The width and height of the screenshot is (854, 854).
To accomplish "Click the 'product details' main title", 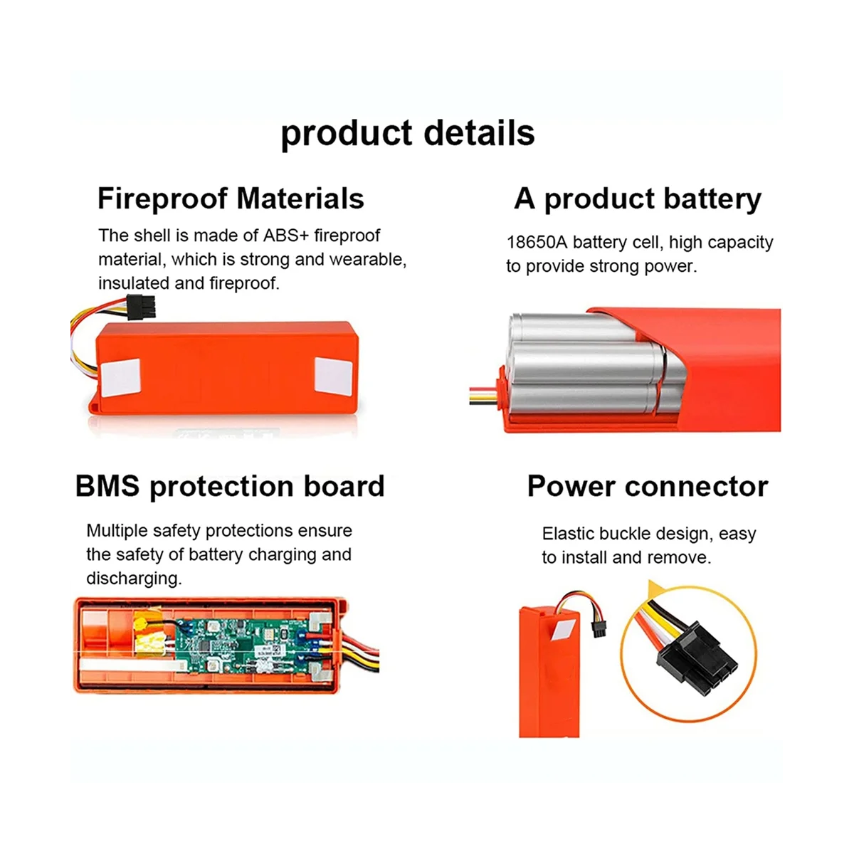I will pos(407,134).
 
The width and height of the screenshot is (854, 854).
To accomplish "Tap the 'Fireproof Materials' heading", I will pos(231,199).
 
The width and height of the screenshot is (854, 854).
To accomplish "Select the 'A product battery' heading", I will pos(638,199).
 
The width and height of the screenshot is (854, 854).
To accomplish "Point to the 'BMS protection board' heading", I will pos(230,487).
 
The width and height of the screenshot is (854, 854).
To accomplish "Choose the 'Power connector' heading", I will pos(648,487).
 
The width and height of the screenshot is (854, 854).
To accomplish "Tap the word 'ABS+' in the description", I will pos(287,236).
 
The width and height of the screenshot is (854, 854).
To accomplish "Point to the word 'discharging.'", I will pos(134,579).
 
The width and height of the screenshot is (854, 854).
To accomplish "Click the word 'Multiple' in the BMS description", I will pos(117,531).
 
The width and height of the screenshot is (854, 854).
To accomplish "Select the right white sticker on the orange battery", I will pos(333,376).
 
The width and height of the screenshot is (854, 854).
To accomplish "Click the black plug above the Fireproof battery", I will pos(142,307).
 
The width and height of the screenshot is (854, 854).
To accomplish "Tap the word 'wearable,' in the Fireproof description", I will pos(367,260).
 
